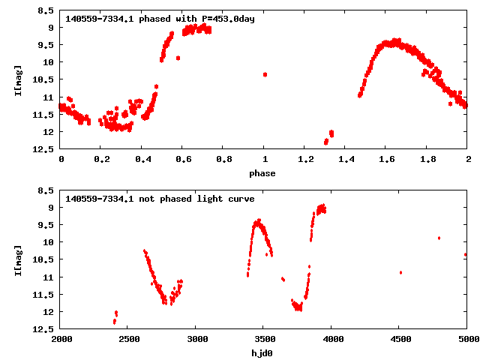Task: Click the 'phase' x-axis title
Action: point(263,173)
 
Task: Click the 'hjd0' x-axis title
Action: point(263,353)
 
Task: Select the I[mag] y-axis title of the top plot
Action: point(17,80)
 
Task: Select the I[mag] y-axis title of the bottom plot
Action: point(17,260)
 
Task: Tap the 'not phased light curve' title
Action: point(160,199)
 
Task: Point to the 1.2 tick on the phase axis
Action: point(305,160)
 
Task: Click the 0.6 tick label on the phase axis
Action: point(183,160)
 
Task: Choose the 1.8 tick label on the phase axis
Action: point(427,160)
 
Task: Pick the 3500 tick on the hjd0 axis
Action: point(263,340)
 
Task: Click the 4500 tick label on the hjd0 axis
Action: point(399,340)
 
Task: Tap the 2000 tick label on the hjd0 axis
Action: point(61,340)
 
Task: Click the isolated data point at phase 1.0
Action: point(265,74)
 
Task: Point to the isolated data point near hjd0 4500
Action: point(400,272)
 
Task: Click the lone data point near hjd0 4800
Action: point(439,238)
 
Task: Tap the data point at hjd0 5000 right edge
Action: point(466,254)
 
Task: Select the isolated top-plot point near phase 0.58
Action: point(178,58)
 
